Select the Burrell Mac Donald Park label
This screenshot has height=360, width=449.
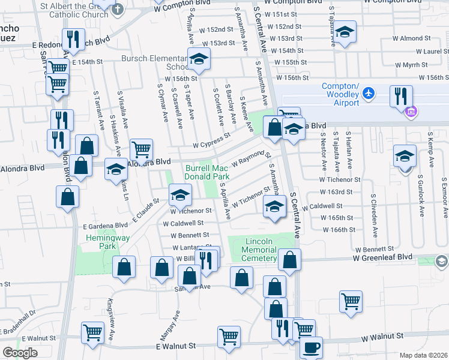pos(208,173)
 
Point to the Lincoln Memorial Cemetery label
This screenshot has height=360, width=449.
pos(260,250)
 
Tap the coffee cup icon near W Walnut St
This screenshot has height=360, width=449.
pos(311,347)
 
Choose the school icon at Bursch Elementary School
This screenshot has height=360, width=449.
pos(199,59)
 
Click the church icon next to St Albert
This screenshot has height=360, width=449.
pos(118,9)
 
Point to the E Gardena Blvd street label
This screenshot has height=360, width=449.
pos(105,225)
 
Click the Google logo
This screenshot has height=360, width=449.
pos(20,352)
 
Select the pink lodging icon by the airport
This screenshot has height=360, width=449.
pos(411,112)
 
